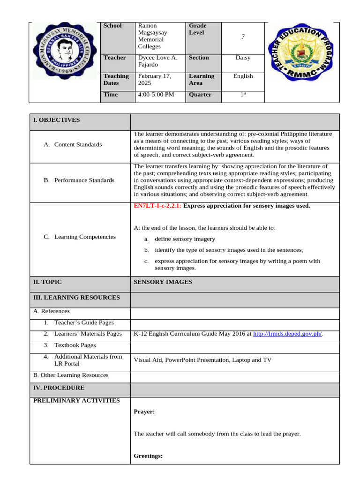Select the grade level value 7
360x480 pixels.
tap(243, 36)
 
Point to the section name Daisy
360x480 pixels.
tap(243, 58)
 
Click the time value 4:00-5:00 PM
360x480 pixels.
tap(156, 95)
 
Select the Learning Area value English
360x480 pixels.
tap(243, 76)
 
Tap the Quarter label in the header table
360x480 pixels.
tap(200, 95)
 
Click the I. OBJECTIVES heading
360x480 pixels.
tap(56, 120)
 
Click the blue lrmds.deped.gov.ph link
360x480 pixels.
tap(287, 334)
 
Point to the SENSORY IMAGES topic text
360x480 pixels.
tap(163, 282)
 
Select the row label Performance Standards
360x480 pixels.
tap(84, 180)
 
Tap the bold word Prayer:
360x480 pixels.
tap(144, 412)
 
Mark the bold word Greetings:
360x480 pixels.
tap(148, 455)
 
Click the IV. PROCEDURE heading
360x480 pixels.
tap(59, 388)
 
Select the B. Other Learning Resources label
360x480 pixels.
tap(71, 375)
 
